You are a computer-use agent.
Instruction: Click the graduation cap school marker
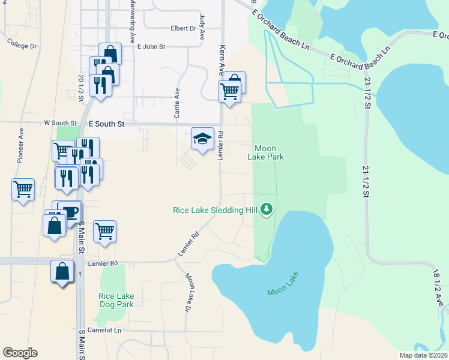click(x=203, y=139)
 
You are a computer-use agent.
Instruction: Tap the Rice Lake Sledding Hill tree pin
click(x=267, y=209)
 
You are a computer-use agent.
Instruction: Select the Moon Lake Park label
click(x=265, y=152)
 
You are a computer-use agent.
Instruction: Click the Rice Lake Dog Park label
click(x=116, y=300)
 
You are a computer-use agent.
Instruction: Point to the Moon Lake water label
click(x=283, y=284)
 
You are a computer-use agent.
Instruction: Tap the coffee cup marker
click(x=71, y=212)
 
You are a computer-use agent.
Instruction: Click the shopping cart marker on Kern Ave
click(x=229, y=92)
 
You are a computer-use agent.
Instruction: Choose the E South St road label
click(x=106, y=124)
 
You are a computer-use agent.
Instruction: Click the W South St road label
click(x=61, y=122)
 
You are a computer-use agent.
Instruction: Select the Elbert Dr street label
click(x=184, y=28)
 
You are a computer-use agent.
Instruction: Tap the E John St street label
click(x=151, y=46)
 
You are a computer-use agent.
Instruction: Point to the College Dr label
click(x=22, y=44)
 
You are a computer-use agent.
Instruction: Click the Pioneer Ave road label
click(x=20, y=145)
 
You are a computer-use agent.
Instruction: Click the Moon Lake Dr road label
click(x=190, y=292)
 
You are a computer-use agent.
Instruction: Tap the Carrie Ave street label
click(x=177, y=102)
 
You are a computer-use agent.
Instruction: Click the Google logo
click(x=20, y=353)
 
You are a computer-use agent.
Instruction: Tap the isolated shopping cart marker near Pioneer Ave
click(x=23, y=190)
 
